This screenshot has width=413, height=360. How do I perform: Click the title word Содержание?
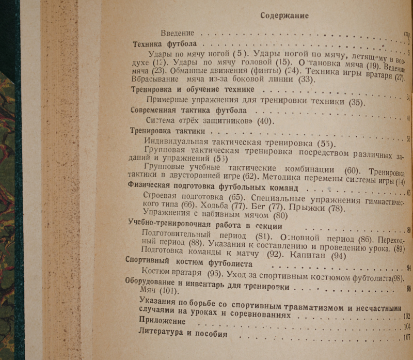(284, 15)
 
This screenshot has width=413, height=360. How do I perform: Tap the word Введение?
(177, 33)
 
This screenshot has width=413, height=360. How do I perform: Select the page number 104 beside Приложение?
(407, 326)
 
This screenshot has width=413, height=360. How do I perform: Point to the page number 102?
(407, 316)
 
